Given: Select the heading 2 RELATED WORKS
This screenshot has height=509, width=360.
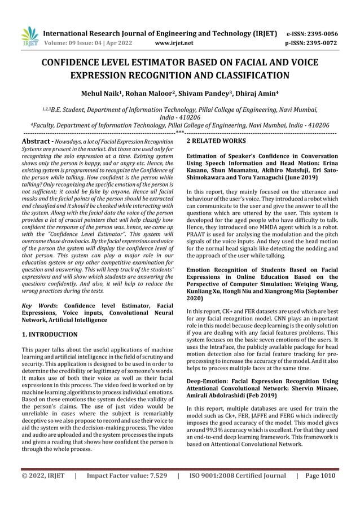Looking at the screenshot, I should (216, 141).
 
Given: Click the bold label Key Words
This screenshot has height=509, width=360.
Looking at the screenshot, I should (39, 305).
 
